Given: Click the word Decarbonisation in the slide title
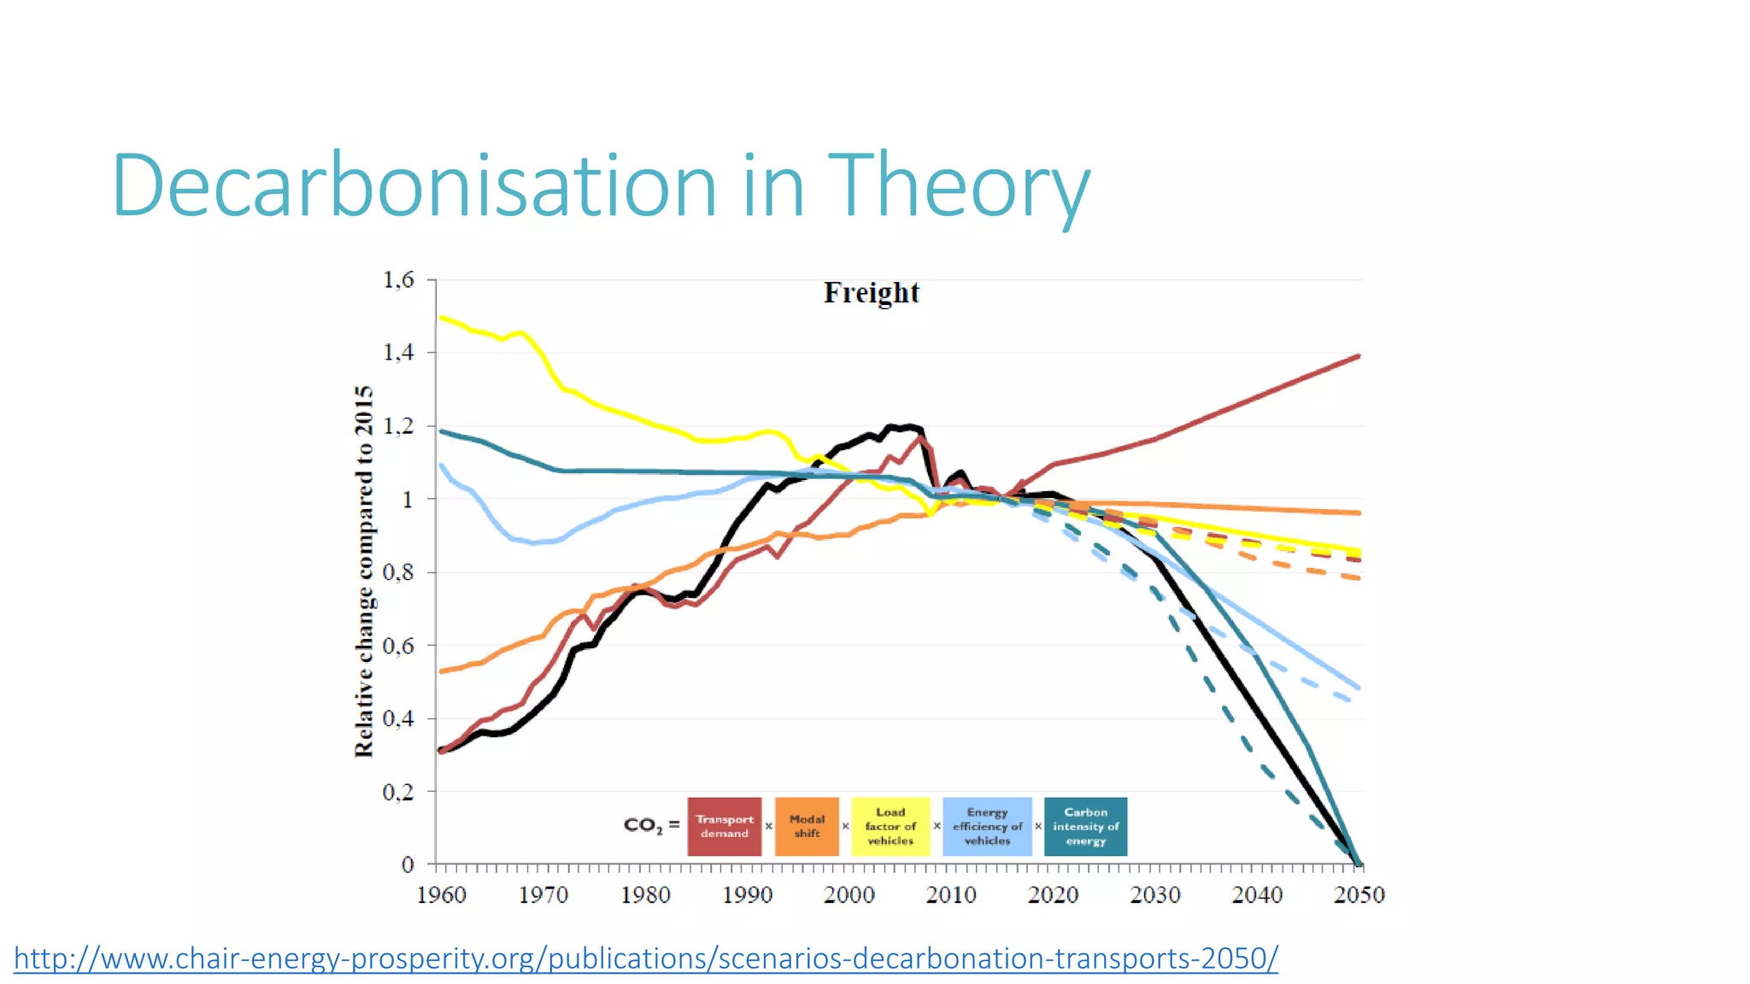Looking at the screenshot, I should click(x=415, y=185).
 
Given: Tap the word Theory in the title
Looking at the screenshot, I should click(x=959, y=185).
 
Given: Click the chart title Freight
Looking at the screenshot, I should click(x=871, y=293).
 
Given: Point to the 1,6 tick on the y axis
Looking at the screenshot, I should click(x=398, y=280).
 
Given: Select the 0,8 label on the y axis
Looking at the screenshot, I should click(x=398, y=572).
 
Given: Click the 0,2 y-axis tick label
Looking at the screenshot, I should click(x=398, y=792).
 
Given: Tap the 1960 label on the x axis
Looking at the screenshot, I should click(x=441, y=895).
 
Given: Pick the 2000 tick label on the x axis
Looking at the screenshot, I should click(x=849, y=895).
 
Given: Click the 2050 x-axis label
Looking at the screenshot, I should click(x=1359, y=895).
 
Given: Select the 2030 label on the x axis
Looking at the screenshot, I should click(x=1154, y=895).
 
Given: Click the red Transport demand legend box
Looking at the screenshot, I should click(x=724, y=826).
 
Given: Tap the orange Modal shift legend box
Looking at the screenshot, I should click(x=807, y=826).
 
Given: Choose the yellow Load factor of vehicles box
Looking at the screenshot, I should click(x=890, y=826).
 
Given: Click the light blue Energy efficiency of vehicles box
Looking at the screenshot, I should click(x=987, y=826).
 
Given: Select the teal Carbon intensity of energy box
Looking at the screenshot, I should click(x=1085, y=826).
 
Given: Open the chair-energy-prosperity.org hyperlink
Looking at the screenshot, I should click(x=646, y=958).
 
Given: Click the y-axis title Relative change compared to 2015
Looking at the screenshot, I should click(x=364, y=571).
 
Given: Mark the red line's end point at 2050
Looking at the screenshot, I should click(x=1359, y=356).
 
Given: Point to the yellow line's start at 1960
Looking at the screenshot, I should click(x=441, y=318).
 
